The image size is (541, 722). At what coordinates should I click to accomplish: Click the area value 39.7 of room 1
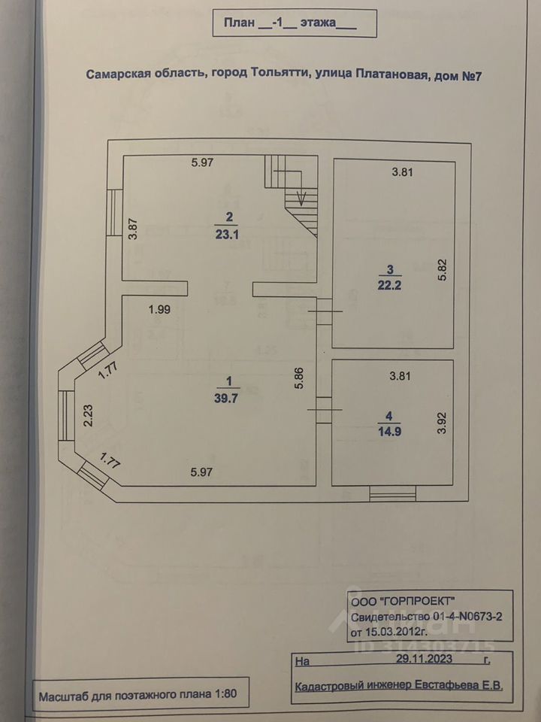pos(226,399)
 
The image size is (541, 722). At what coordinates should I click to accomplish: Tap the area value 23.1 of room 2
pos(227,235)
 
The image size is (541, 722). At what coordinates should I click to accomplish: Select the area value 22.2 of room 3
pos(389,286)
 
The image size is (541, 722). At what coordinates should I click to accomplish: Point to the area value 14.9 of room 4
pos(389,432)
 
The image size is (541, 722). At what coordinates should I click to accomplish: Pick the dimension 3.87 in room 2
pos(134,229)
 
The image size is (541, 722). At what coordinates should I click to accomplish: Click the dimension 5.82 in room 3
pos(443,270)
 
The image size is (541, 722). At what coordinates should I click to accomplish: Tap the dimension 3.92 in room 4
pos(443,423)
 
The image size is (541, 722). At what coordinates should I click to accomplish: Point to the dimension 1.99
pos(159,310)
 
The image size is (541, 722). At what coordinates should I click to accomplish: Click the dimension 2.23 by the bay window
pos(89,415)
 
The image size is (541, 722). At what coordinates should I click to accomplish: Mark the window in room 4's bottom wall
pos(393,493)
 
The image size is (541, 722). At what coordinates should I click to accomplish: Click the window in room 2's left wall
pos(114,213)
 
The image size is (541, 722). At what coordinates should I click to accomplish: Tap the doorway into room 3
pos(325,311)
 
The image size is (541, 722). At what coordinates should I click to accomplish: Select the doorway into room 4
pos(325,410)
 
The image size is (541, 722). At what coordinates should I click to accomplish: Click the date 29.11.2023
pos(424,659)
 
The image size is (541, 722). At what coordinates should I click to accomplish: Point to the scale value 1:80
pos(225,693)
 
